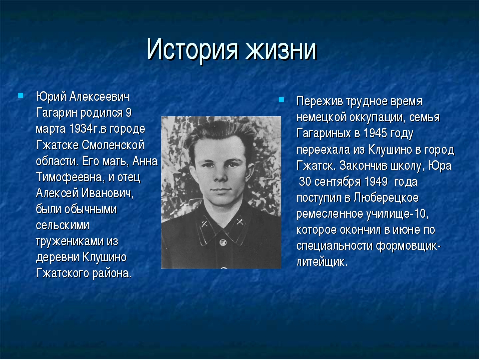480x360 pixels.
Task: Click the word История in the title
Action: click(x=192, y=49)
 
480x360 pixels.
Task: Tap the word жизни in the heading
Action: click(x=281, y=49)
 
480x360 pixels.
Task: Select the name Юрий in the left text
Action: click(x=51, y=96)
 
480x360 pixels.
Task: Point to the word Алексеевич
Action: click(x=100, y=96)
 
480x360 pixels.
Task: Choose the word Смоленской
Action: click(x=113, y=145)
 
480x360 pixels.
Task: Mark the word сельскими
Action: click(x=63, y=225)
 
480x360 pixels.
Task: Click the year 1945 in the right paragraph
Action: click(x=375, y=133)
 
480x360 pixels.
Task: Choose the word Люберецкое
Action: click(x=386, y=198)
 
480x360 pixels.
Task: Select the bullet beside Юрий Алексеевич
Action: click(x=21, y=95)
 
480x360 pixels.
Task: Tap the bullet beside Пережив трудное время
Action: click(x=281, y=100)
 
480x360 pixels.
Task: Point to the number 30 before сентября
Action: click(x=305, y=182)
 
